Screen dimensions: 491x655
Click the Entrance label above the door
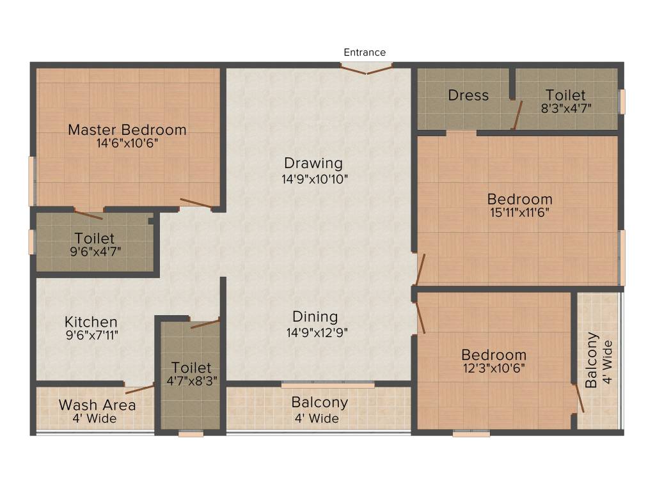pyautogui.click(x=365, y=52)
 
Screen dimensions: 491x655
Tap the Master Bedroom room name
pyautogui.click(x=127, y=130)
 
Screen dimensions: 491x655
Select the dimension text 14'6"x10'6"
pyautogui.click(x=127, y=143)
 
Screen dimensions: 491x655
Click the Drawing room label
pyautogui.click(x=313, y=164)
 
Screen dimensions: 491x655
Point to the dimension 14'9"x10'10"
pyautogui.click(x=315, y=179)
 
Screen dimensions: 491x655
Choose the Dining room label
pyautogui.click(x=315, y=316)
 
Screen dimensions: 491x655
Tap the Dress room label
pyautogui.click(x=468, y=95)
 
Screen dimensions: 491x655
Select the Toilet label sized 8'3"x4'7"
pyautogui.click(x=565, y=95)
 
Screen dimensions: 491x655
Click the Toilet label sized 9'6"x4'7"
pyautogui.click(x=95, y=238)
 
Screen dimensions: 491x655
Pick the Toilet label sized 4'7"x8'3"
pyautogui.click(x=191, y=368)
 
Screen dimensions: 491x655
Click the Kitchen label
pyautogui.click(x=91, y=322)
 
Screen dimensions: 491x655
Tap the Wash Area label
pyautogui.click(x=97, y=405)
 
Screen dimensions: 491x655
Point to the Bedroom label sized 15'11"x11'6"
pyautogui.click(x=519, y=199)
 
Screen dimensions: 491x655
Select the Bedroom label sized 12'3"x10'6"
pyautogui.click(x=494, y=355)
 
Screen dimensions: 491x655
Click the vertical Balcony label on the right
pyautogui.click(x=592, y=360)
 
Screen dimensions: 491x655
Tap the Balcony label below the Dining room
pyautogui.click(x=319, y=403)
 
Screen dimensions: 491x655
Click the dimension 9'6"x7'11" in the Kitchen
pyautogui.click(x=92, y=334)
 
